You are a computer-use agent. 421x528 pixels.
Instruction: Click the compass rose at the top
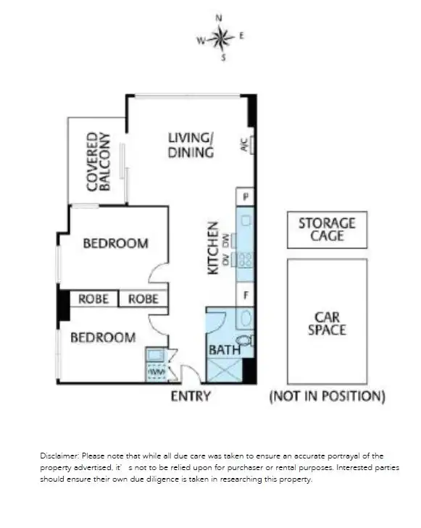(x=222, y=37)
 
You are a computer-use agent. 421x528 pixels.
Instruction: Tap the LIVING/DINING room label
(x=191, y=145)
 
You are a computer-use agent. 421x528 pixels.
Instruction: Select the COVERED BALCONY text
(x=98, y=161)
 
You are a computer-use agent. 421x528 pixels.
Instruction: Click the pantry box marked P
(x=246, y=197)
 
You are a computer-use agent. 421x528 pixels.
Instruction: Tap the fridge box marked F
(x=246, y=296)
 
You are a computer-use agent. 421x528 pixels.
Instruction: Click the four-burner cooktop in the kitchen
(x=246, y=259)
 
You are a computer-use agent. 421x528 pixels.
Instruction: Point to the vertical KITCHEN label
(x=214, y=247)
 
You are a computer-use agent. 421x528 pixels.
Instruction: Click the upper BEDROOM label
(x=115, y=243)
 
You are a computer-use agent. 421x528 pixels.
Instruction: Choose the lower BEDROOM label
(x=102, y=338)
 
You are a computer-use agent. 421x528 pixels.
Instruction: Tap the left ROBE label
(x=93, y=298)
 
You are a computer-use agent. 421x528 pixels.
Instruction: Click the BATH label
(x=224, y=350)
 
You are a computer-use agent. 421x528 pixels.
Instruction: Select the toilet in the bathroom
(x=245, y=340)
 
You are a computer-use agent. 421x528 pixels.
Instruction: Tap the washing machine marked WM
(x=157, y=371)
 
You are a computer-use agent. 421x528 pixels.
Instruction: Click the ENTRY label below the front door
(x=191, y=396)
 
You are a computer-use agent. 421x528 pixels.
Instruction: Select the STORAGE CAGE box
(x=327, y=230)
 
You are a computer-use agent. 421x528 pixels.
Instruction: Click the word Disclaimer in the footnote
(x=59, y=456)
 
